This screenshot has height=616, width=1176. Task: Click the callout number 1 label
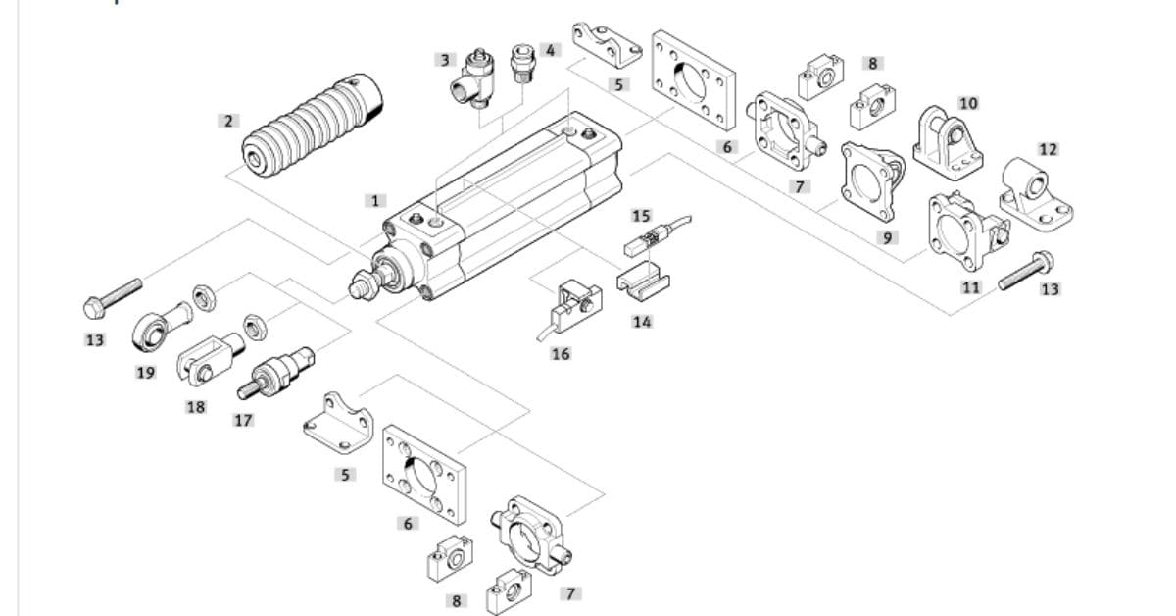point(374,201)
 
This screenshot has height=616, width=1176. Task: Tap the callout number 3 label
point(445,60)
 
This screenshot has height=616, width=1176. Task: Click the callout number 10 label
point(968,102)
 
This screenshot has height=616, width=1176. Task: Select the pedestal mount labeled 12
point(1035,192)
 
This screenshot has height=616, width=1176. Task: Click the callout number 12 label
point(1048,149)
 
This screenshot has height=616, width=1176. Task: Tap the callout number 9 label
point(889,237)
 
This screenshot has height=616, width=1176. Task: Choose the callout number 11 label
point(970,286)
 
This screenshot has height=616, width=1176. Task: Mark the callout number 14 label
point(641,321)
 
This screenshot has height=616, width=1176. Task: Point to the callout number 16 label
point(560,353)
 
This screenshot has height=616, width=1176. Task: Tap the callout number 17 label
point(243,420)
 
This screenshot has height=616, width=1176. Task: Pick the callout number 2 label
point(228,121)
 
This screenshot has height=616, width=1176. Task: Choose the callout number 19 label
point(145,372)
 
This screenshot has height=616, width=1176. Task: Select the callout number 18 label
point(196,406)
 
